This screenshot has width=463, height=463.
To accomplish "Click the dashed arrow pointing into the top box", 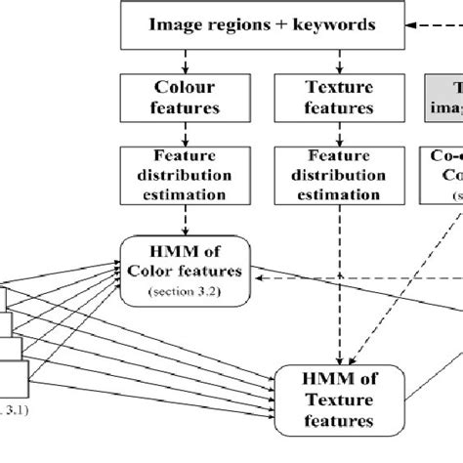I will pyautogui.click(x=430, y=23).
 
